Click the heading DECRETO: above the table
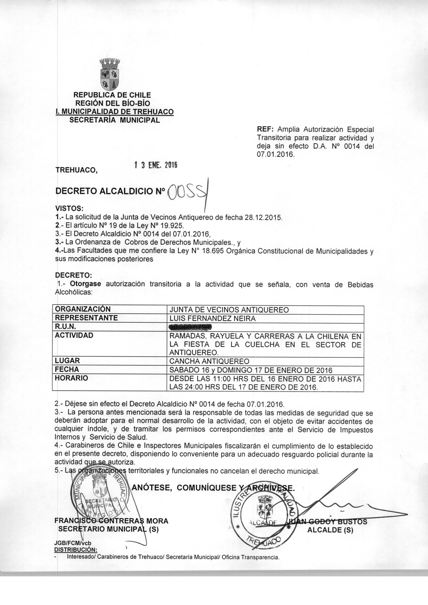(x=73, y=275)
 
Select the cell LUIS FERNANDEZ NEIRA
(x=212, y=318)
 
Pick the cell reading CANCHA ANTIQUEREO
(x=209, y=361)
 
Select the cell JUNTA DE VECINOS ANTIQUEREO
(x=229, y=310)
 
